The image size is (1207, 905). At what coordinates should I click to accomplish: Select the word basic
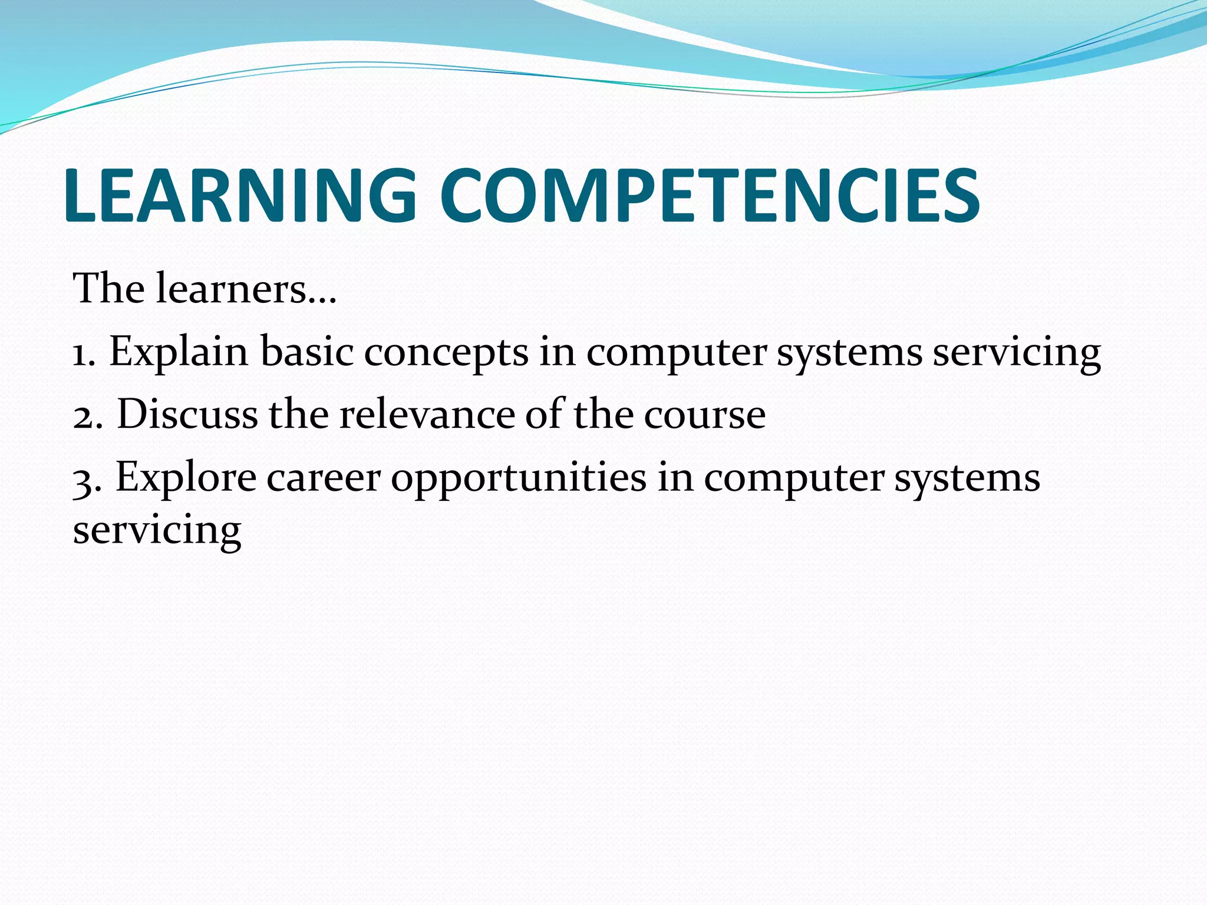click(307, 352)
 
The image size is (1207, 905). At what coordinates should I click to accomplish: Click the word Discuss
click(187, 414)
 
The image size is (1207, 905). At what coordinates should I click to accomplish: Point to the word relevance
click(427, 414)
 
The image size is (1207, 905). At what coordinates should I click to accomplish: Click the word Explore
click(186, 477)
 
